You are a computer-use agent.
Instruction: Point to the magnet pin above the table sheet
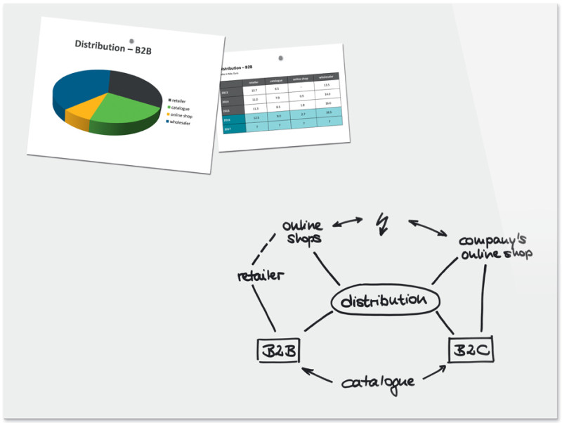tap(282, 58)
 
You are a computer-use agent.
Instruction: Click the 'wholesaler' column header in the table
tap(325, 77)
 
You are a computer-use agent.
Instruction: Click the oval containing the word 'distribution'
tap(385, 301)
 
